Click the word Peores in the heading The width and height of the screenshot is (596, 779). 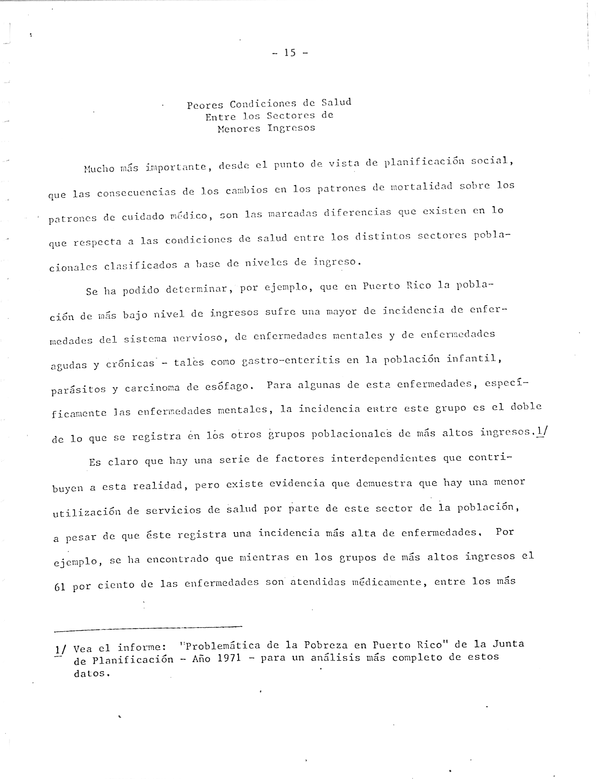point(205,105)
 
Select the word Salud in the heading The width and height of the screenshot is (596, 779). point(336,102)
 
